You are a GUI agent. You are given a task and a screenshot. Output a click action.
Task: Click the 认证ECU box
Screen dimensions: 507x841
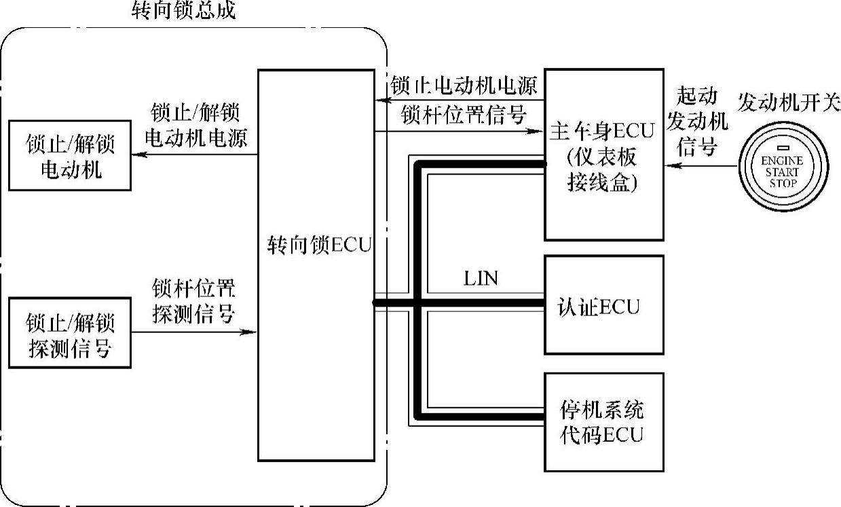tap(603, 304)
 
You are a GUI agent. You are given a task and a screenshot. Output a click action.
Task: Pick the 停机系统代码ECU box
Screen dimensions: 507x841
tap(603, 422)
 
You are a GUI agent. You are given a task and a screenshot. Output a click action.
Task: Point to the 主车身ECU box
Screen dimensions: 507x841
tap(603, 154)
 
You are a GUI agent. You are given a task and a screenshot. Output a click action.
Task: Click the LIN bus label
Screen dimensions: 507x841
tap(481, 279)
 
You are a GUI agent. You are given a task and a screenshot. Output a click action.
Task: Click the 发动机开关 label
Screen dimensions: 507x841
tap(789, 105)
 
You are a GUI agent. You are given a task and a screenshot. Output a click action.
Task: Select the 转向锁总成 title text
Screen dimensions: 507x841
tap(184, 11)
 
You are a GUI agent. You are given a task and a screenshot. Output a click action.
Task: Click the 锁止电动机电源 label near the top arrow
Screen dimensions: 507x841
tap(464, 86)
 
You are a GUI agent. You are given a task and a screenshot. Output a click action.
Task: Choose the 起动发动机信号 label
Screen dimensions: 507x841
tap(697, 122)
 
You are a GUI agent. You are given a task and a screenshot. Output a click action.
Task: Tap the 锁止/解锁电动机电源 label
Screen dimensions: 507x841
tap(196, 125)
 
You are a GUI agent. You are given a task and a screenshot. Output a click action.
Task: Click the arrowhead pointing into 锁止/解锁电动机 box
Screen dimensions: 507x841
tap(136, 155)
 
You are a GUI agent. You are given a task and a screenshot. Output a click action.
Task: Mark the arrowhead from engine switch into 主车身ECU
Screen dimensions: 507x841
tap(669, 164)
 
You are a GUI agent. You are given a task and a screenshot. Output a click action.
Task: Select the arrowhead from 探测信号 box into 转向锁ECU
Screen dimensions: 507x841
tap(253, 332)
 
